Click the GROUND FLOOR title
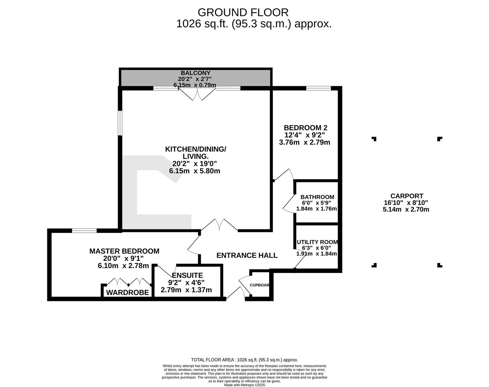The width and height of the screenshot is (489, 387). pos(243,13)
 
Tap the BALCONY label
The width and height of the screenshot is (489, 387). pos(195,73)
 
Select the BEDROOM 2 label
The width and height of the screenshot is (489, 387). pos(305,128)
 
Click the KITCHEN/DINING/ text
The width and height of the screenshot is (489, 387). pos(195,149)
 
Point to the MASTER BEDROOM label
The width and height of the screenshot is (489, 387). pos(124,251)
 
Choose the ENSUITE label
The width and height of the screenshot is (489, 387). pos(187,276)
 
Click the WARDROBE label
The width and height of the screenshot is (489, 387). pos(127,293)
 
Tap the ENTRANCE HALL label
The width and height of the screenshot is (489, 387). pos(247,255)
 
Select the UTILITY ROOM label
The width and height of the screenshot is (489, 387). pos(317,242)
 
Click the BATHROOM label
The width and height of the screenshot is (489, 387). pos(317,197)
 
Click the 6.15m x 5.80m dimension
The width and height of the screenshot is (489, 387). pos(194,171)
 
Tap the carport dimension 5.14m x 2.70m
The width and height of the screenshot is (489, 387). pos(406,209)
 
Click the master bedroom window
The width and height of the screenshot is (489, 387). pos(84,231)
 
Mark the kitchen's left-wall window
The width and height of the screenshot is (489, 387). pos(120,123)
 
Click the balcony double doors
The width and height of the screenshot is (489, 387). pos(197,94)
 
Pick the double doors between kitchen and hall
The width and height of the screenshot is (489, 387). pos(219,225)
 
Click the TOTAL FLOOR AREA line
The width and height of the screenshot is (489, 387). pos(244,360)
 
